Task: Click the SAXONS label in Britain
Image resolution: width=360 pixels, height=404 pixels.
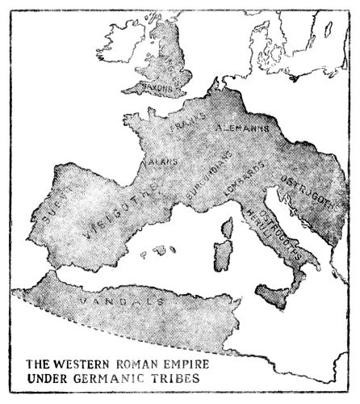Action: [x=159, y=83]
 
